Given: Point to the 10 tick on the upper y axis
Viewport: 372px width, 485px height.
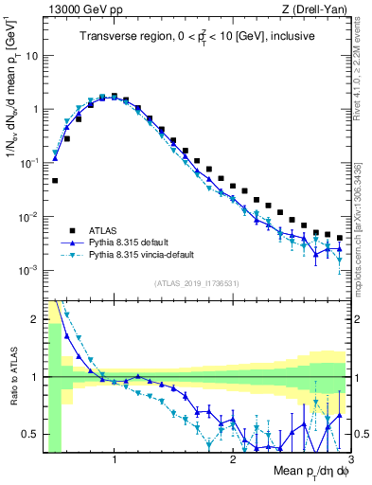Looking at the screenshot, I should pos(31,55).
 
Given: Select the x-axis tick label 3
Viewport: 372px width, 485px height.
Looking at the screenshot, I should pos(349,458).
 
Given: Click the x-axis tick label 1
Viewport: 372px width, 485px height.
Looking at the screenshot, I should pos(115,458).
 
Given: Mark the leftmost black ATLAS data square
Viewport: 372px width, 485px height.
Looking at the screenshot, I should pos(55,180).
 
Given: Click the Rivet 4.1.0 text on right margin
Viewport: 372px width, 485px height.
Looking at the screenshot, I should pos(361,57).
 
